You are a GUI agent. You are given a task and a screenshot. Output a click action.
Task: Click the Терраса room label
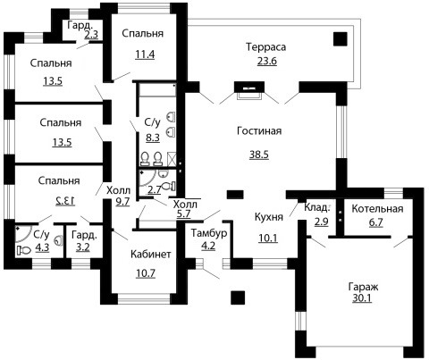(x=266, y=47)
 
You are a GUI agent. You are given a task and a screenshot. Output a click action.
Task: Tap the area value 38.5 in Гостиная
(x=259, y=155)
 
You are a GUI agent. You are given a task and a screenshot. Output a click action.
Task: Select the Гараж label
(x=364, y=287)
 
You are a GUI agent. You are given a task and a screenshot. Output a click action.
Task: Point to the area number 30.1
(x=362, y=297)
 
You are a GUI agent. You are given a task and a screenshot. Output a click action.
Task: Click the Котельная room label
(x=377, y=209)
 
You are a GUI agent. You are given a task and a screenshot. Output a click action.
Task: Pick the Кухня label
(x=269, y=217)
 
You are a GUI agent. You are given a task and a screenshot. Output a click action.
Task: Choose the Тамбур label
(x=209, y=233)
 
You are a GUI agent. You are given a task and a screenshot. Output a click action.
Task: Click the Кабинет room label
(x=151, y=254)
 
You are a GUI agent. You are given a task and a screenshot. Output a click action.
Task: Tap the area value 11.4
(x=145, y=54)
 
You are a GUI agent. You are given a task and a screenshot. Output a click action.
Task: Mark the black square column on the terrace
(x=340, y=39)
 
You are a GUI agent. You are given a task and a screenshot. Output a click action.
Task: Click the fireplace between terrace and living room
(x=249, y=90)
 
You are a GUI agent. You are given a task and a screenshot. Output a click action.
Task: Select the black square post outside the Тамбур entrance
(x=238, y=297)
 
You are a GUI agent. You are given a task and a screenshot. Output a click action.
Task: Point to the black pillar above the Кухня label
(x=235, y=195)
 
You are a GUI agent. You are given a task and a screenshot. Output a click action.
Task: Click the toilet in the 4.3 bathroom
(x=24, y=250)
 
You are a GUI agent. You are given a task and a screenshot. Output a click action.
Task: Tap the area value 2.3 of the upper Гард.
(x=91, y=35)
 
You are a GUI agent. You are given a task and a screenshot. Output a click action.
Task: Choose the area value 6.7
(x=376, y=222)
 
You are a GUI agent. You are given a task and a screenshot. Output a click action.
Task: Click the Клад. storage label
(x=317, y=207)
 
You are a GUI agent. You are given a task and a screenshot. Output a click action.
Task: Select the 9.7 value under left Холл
(x=122, y=202)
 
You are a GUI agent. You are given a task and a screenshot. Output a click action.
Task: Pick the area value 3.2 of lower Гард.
(x=83, y=247)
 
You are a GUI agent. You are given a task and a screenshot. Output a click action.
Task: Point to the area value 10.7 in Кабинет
(x=146, y=272)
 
